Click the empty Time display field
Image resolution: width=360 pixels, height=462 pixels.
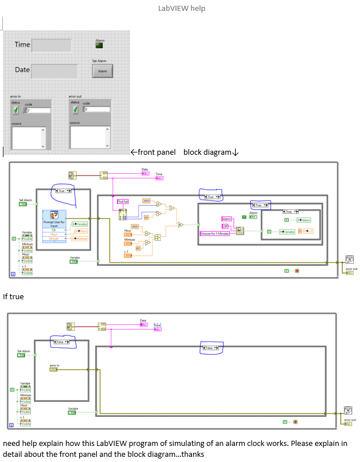click(52, 45)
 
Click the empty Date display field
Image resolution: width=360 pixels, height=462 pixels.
click(54, 71)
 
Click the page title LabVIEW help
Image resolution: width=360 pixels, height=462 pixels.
click(181, 9)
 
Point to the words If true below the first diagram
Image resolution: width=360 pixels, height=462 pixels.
click(13, 296)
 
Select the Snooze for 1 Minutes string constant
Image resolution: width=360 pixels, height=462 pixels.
click(215, 234)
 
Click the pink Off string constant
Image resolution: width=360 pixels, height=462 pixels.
click(225, 226)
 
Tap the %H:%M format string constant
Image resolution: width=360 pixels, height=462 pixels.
click(123, 202)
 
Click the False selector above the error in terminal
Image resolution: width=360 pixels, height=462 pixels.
click(63, 342)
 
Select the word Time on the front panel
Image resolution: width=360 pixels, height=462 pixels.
click(22, 45)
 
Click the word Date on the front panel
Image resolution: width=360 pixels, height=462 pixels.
click(22, 70)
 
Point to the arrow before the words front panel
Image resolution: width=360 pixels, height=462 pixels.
click(134, 152)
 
